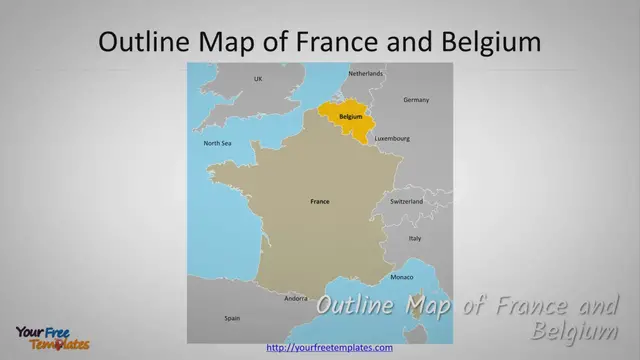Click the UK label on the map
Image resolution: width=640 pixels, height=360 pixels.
tap(257, 78)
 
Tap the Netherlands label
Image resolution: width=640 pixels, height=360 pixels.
tap(365, 74)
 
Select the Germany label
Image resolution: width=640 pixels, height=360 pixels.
tap(416, 100)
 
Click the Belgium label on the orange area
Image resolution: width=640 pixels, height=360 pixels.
tap(350, 117)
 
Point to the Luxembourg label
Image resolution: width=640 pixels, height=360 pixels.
tap(392, 138)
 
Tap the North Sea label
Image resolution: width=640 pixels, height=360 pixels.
tap(218, 143)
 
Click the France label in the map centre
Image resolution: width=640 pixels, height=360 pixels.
tap(320, 202)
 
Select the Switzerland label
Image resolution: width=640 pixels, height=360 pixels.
tap(406, 201)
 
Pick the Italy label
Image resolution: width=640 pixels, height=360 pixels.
tap(415, 238)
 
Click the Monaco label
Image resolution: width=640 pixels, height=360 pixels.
tap(401, 276)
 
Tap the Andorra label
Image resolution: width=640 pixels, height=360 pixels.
tap(296, 298)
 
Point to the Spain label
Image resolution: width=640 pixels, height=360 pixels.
tap(232, 318)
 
